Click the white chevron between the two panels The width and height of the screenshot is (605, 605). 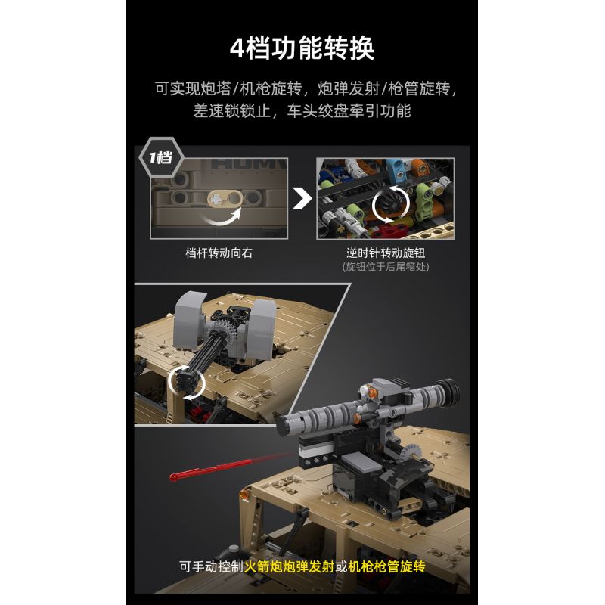pos(302,199)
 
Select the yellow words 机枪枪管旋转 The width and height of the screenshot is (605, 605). pos(386,566)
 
